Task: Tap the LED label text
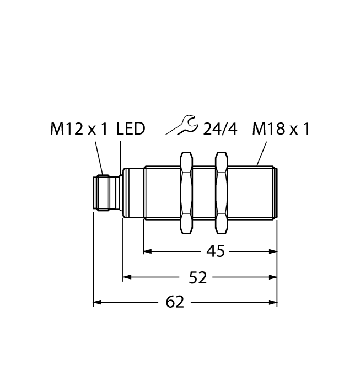pos(131,129)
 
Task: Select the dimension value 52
pos(198,278)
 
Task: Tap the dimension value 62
pos(175,302)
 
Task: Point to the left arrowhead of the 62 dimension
pos(97,302)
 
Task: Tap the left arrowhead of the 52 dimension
pos(127,278)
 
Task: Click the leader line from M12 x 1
pos(99,157)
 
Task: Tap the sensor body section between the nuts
pos(203,193)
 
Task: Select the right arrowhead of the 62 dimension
pos(272,302)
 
